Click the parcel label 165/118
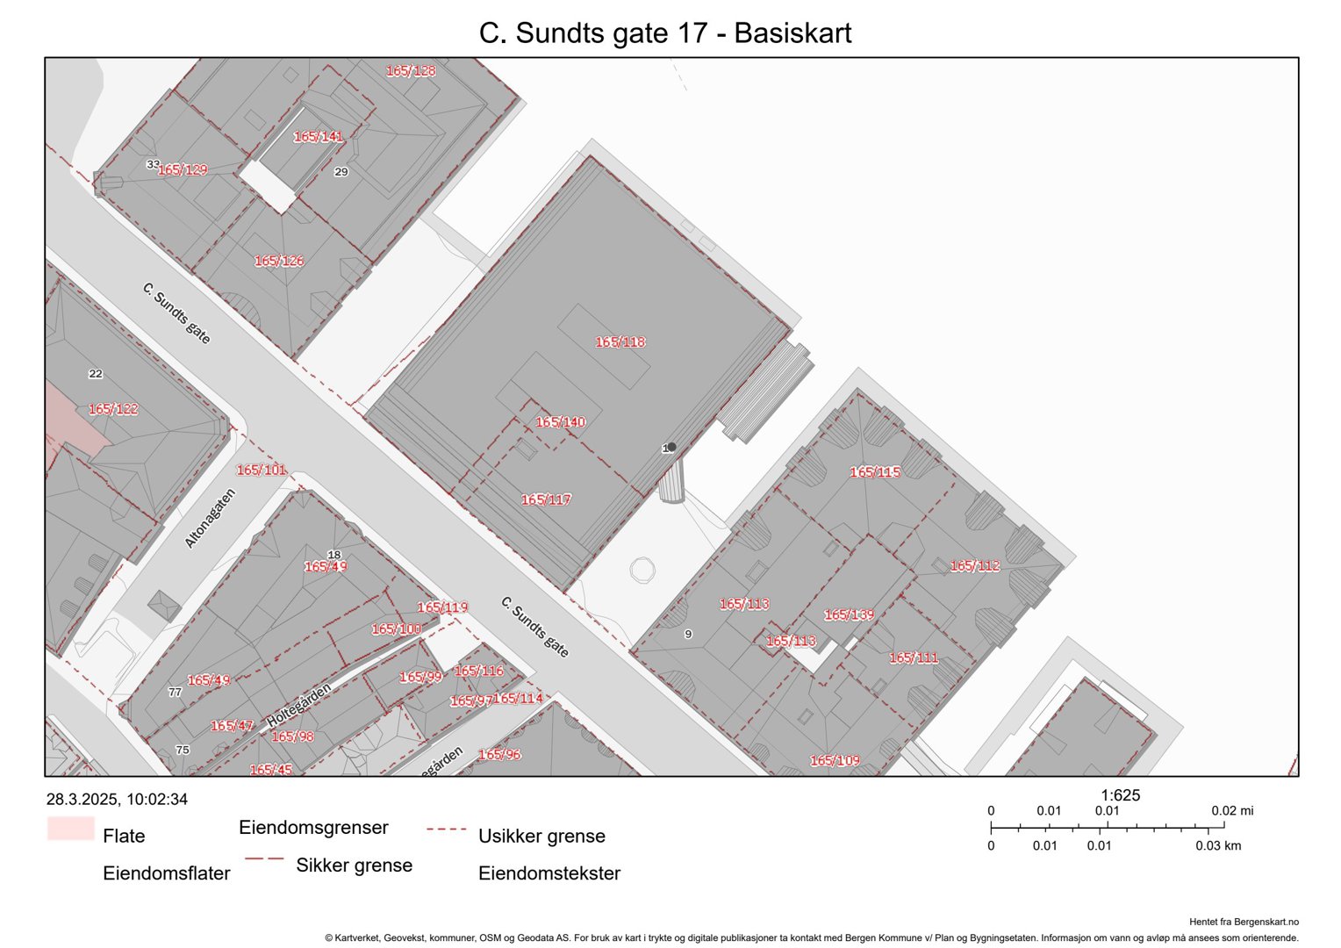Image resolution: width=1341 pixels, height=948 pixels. click(620, 342)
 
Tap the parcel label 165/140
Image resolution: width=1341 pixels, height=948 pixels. click(561, 422)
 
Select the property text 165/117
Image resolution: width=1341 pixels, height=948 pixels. click(546, 499)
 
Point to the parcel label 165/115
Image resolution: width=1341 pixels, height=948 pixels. click(875, 472)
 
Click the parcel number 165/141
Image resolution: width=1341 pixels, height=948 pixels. click(319, 137)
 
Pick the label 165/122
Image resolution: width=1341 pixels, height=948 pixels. click(113, 409)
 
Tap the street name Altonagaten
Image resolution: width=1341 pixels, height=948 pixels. click(210, 519)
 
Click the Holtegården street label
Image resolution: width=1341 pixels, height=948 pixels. click(299, 705)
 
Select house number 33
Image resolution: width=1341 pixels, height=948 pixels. click(153, 164)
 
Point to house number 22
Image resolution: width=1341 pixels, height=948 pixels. click(96, 374)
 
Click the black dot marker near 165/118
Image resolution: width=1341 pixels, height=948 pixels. click(671, 447)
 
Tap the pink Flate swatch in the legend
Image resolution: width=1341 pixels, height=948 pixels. click(70, 829)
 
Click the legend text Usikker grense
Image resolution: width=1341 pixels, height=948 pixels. click(541, 837)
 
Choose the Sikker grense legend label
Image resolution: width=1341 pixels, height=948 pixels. click(354, 865)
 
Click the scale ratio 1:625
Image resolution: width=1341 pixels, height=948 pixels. click(1121, 795)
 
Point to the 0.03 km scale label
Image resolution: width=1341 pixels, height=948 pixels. click(1218, 846)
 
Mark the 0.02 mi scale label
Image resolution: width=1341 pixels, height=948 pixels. click(1232, 811)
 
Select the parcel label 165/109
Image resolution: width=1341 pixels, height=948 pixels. click(835, 760)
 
